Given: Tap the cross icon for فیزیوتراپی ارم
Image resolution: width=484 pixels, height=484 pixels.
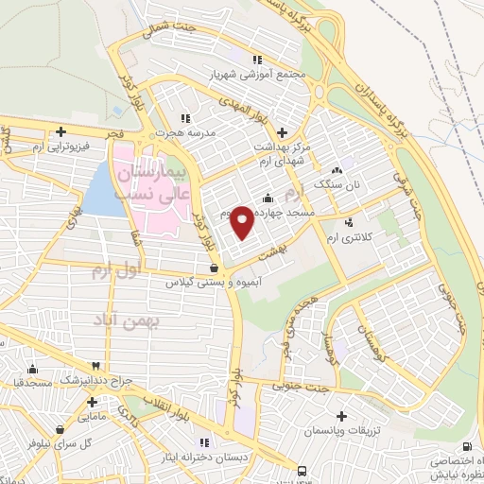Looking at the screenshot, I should click(61, 131).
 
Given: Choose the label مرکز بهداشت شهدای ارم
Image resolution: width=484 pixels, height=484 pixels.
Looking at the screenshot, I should click(281, 153).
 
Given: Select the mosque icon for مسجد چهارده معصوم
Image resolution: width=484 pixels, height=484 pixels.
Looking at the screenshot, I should click(268, 198).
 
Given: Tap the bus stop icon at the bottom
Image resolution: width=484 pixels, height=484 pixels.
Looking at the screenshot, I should click(302, 471).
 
